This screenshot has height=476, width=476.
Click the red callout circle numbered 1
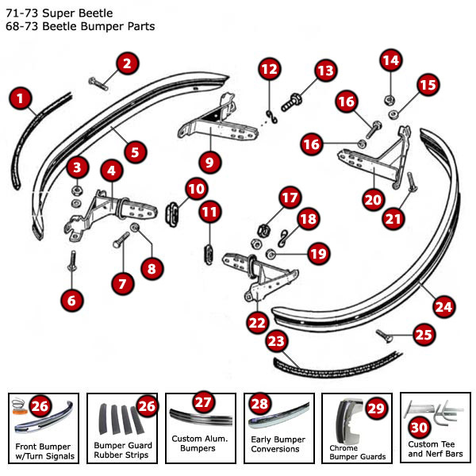tap(21, 99)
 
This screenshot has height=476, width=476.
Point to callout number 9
tap(209, 163)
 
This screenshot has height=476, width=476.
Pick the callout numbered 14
tap(391, 61)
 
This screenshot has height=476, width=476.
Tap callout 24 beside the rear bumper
tap(443, 305)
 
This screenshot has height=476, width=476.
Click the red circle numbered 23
tap(276, 343)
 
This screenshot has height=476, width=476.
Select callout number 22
tap(257, 322)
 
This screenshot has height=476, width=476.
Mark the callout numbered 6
tap(72, 300)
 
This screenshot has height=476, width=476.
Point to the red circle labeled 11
tap(209, 213)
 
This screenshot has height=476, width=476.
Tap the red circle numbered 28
tap(259, 404)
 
